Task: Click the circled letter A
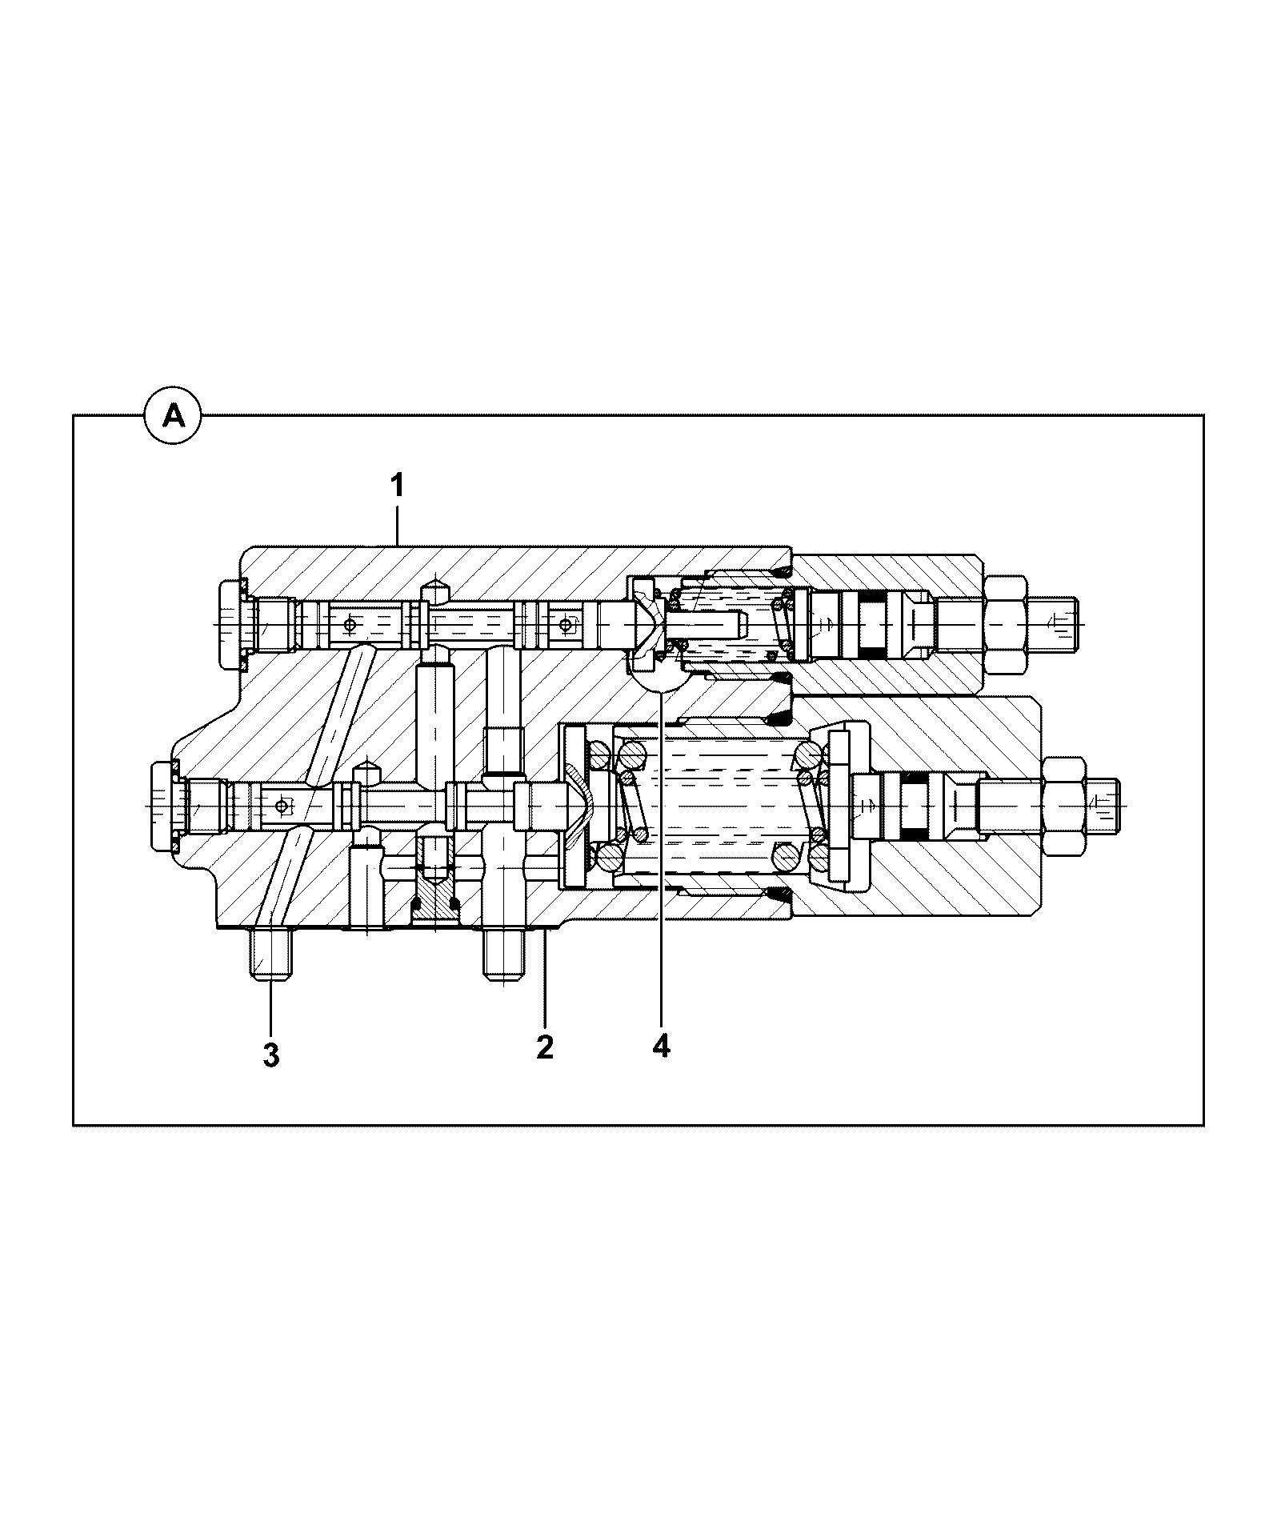174,416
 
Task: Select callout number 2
545,1047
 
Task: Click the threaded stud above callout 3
270,953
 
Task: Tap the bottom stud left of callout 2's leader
504,954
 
